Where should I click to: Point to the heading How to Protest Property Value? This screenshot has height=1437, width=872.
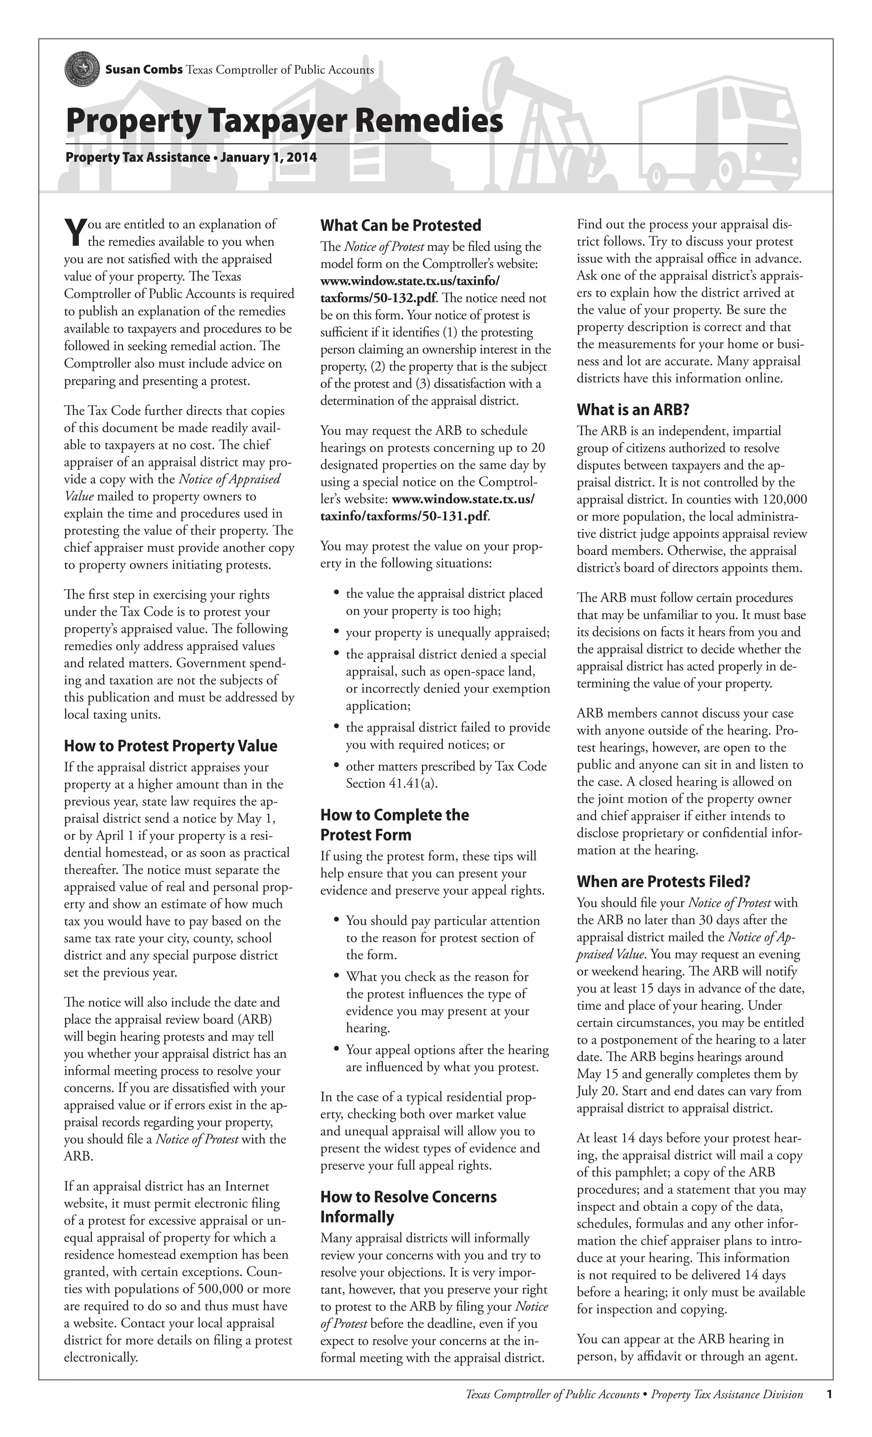point(170,746)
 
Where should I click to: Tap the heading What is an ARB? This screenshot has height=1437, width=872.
point(632,409)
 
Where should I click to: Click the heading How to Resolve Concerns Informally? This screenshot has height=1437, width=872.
point(408,1207)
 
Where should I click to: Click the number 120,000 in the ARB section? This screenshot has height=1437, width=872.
point(783,499)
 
